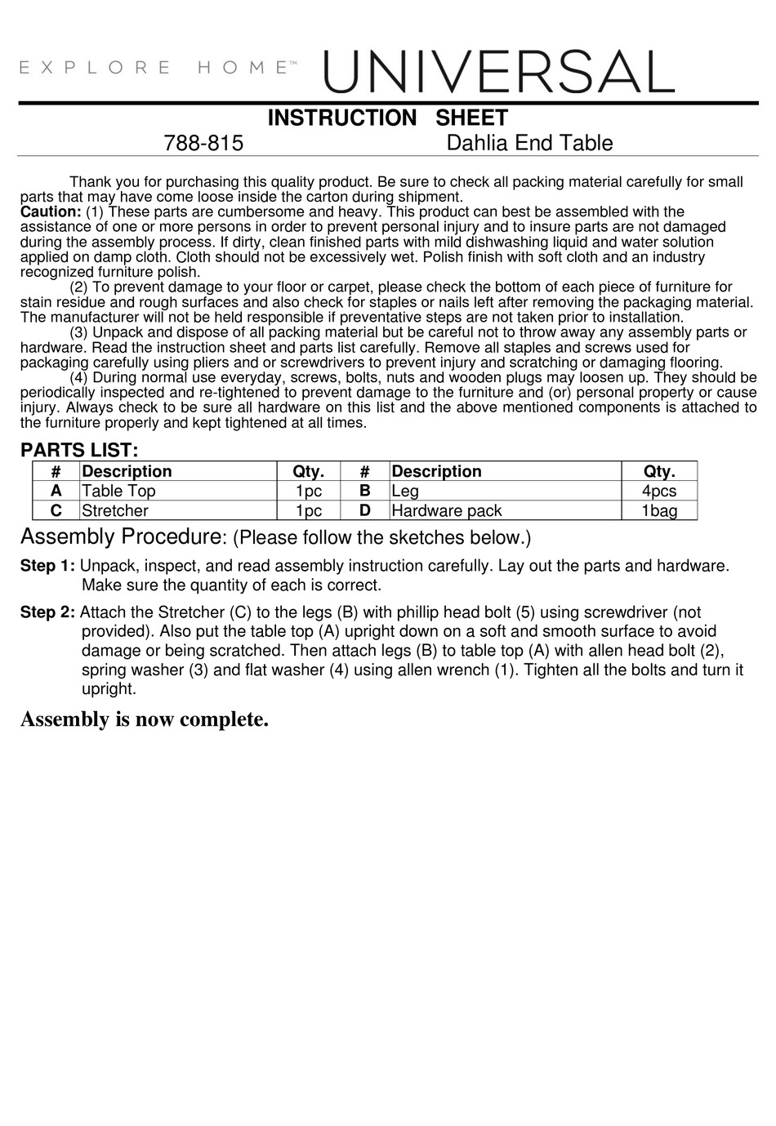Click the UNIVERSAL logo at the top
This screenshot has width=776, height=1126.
(499, 72)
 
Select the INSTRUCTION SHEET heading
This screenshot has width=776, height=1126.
(388, 118)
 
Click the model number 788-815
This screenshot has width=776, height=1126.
(203, 144)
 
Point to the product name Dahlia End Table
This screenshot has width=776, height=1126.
(529, 144)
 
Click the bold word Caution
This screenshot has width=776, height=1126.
(50, 211)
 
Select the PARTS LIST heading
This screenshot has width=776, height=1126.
(79, 450)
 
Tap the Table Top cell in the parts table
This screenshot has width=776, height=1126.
(118, 491)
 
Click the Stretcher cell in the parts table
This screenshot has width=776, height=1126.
(115, 510)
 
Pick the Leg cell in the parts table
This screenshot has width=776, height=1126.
(405, 491)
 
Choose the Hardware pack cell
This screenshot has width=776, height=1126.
(447, 510)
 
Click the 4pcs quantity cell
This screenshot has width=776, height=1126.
(658, 491)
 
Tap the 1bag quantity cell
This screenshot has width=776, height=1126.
(658, 510)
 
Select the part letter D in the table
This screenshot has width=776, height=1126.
(365, 510)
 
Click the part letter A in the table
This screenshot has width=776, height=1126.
(56, 491)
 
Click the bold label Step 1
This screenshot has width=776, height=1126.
(47, 566)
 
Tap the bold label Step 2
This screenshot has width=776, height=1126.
(47, 612)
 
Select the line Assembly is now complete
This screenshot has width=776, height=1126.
(145, 719)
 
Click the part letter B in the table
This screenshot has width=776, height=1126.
(365, 491)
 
